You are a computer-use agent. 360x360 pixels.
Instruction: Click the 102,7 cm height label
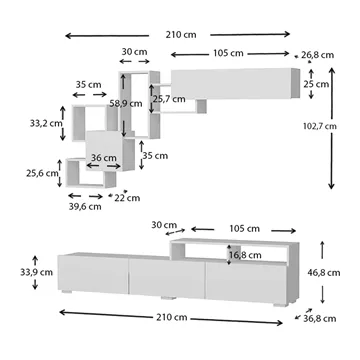tap(320, 126)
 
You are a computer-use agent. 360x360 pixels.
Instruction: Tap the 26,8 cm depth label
tap(317, 55)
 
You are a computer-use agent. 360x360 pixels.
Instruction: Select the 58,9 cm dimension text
tap(126, 103)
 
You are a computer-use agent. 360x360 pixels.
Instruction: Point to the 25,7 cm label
tap(169, 99)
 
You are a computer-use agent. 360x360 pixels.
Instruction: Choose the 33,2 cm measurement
tap(46, 123)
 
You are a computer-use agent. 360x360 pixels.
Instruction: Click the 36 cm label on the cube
tap(104, 158)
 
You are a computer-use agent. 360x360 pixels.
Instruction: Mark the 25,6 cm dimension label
tap(42, 173)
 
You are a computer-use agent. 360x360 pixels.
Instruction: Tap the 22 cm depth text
tap(127, 198)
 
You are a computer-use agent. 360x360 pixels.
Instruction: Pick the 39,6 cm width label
tap(85, 207)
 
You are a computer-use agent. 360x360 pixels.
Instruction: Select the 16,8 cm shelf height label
tap(245, 255)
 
